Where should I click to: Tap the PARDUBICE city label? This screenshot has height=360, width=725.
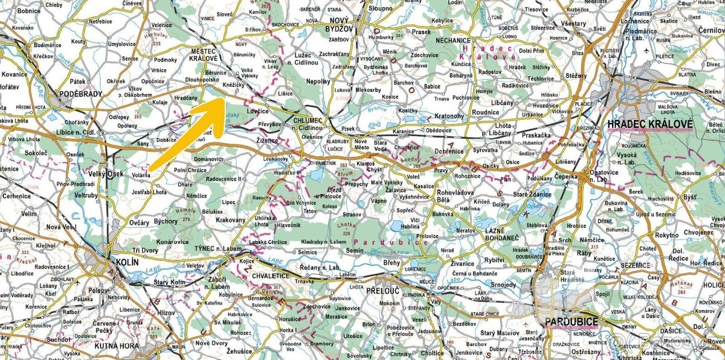[572, 322]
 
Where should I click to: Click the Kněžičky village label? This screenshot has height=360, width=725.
[233, 86]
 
